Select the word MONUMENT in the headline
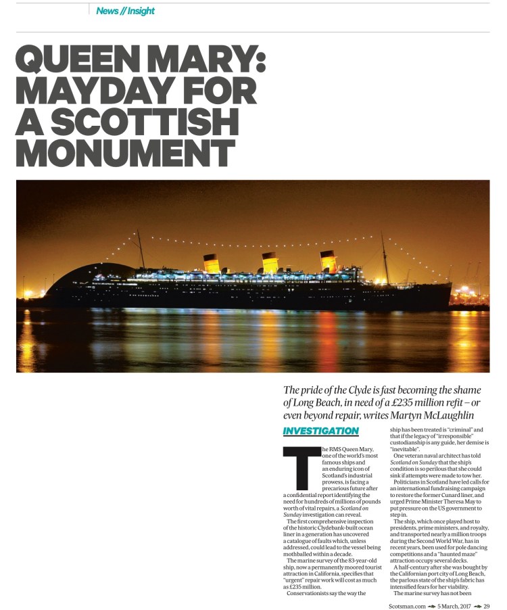pos(125,154)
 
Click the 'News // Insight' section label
pos(125,11)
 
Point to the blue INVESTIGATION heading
pos(320,431)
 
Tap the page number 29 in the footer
pos(486,605)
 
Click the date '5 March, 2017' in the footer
pos(454,605)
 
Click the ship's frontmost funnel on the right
pos(329,261)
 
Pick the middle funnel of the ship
pos(270,262)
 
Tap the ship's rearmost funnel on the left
pos(212,263)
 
